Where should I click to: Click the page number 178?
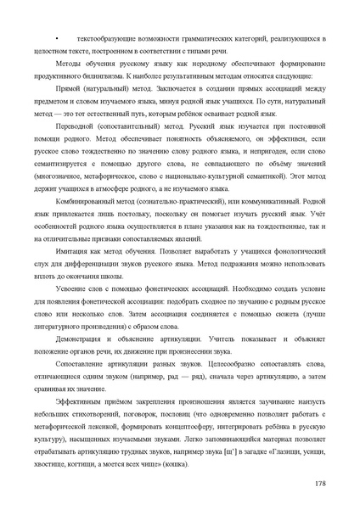tap(320, 484)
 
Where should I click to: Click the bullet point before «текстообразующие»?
tap(56, 40)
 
